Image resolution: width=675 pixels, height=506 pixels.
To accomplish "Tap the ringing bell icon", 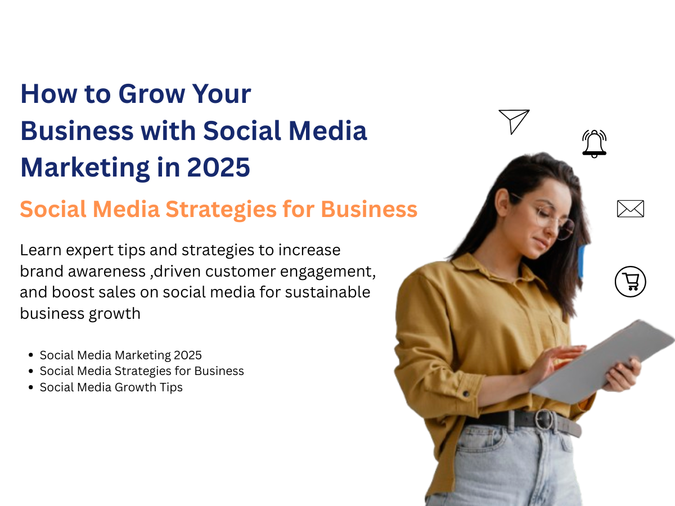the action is click(x=594, y=144).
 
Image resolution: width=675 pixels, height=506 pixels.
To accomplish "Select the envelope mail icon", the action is click(x=631, y=209).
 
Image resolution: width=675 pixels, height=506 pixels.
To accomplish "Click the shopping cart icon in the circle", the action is click(x=630, y=282).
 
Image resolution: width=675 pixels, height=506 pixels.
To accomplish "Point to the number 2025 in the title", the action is click(x=218, y=168).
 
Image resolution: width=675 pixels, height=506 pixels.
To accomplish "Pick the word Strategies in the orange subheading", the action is click(x=221, y=210).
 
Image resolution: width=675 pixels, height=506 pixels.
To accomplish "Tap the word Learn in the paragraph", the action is click(x=40, y=250).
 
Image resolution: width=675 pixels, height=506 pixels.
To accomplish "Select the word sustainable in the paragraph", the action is click(x=327, y=292).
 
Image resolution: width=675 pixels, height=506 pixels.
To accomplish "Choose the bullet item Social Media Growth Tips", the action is click(x=111, y=387).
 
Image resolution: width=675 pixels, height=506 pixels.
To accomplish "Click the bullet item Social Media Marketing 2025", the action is click(x=120, y=355).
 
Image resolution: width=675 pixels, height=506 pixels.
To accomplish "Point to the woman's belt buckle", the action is click(x=544, y=419).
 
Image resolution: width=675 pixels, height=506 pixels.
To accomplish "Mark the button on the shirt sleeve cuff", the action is click(x=466, y=394).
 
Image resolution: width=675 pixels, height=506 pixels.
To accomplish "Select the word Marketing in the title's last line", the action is click(x=85, y=168).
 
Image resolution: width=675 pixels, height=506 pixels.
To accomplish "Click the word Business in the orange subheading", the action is click(x=369, y=210).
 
